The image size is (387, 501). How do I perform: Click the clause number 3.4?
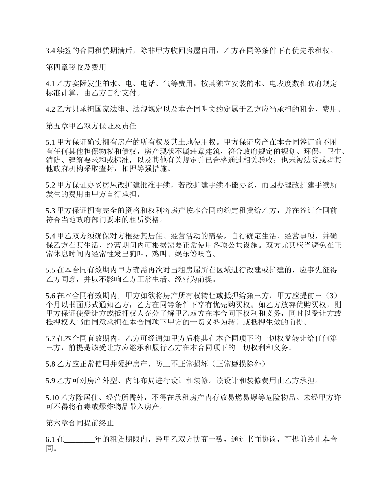50,51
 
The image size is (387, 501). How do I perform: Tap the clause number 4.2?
50,109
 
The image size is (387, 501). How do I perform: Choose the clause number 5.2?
50,185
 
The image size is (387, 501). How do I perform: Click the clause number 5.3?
50,211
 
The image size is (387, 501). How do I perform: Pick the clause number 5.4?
50,236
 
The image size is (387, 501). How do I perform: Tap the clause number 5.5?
50,270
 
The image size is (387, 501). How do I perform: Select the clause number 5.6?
50,295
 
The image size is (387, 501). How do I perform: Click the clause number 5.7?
50,338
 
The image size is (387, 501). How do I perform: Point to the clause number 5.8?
50,363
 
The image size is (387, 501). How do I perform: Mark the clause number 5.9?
50,380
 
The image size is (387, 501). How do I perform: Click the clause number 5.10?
52,397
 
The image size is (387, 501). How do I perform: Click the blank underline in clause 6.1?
79,440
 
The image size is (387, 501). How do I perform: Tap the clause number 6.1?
50,440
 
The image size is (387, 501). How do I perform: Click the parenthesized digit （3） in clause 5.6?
331,295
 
